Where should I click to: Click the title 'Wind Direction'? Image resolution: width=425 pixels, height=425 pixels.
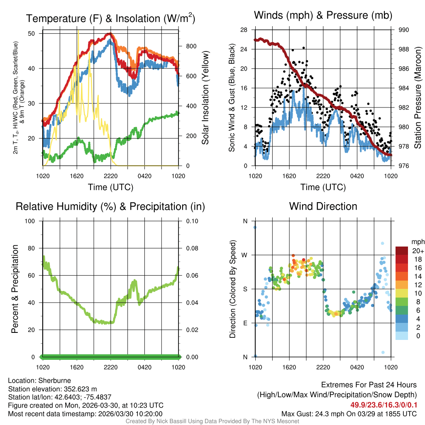323,206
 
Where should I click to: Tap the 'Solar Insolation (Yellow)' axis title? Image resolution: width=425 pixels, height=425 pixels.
205,98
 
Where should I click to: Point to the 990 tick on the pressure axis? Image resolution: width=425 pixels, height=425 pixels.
403,30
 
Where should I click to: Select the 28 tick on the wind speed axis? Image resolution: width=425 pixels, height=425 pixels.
244,30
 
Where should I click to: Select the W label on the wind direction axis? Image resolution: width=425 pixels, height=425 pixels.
245,255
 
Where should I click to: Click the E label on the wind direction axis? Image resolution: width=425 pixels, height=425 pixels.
245,323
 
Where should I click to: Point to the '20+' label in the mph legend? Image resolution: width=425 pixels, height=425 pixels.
418,251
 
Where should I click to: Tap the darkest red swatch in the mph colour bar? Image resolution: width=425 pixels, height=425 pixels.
401,251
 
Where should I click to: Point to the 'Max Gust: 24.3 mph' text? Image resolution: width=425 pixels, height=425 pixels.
311,413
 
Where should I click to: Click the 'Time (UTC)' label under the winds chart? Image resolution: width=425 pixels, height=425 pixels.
323,187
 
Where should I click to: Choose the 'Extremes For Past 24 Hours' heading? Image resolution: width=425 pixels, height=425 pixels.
369,385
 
